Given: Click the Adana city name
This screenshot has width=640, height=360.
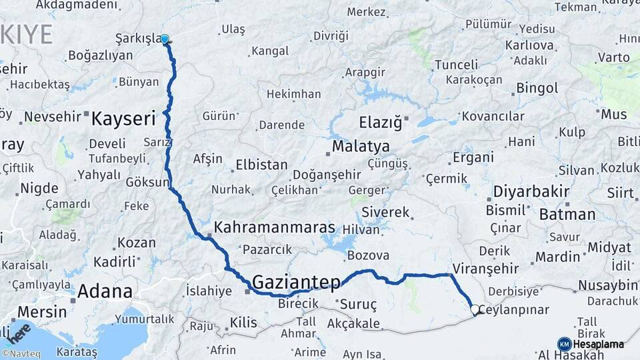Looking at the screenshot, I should tap(105, 291).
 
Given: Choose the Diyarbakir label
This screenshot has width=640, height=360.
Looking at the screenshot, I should tap(531, 192).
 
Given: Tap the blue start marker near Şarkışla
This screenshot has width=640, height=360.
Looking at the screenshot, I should tap(165, 39).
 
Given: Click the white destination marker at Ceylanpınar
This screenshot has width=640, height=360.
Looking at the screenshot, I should tap(475, 309).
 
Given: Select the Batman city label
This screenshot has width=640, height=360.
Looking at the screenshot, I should tap(567, 215).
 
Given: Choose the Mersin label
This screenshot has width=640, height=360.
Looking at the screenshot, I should tap(41, 311).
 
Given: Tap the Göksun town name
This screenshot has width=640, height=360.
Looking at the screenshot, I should tap(147, 182).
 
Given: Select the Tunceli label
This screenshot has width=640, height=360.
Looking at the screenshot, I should tap(457, 65).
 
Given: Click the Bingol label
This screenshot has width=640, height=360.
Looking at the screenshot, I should tap(537, 88).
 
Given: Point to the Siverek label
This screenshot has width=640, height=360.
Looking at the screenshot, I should tap(385, 213).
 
